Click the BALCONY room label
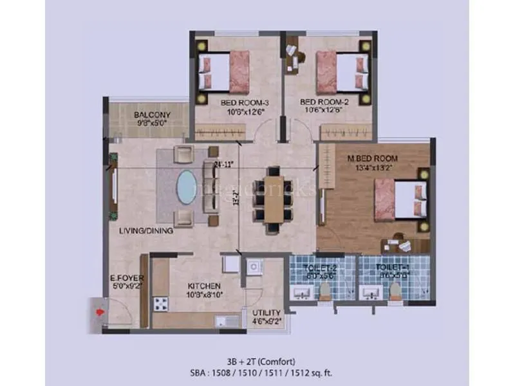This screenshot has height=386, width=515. (x=152, y=116)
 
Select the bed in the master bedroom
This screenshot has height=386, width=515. (x=399, y=198)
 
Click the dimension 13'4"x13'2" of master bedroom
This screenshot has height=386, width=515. (x=374, y=169)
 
